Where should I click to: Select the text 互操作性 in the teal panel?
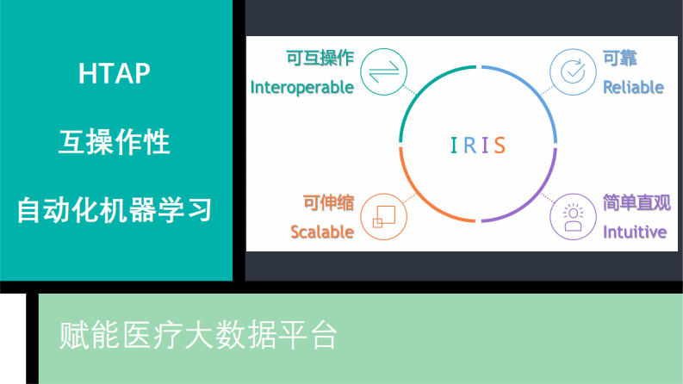[115, 141]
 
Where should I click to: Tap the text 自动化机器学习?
[115, 209]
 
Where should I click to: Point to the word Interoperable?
[301, 87]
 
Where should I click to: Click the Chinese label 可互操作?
[320, 59]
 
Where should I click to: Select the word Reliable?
[633, 87]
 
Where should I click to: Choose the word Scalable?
[322, 232]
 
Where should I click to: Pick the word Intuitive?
[635, 232]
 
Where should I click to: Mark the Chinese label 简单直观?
[636, 203]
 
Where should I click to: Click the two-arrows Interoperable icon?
[383, 71]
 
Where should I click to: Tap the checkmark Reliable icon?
[573, 71]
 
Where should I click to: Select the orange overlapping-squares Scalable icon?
[383, 216]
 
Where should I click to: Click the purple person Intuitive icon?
[573, 216]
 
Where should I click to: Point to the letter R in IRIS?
[469, 145]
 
